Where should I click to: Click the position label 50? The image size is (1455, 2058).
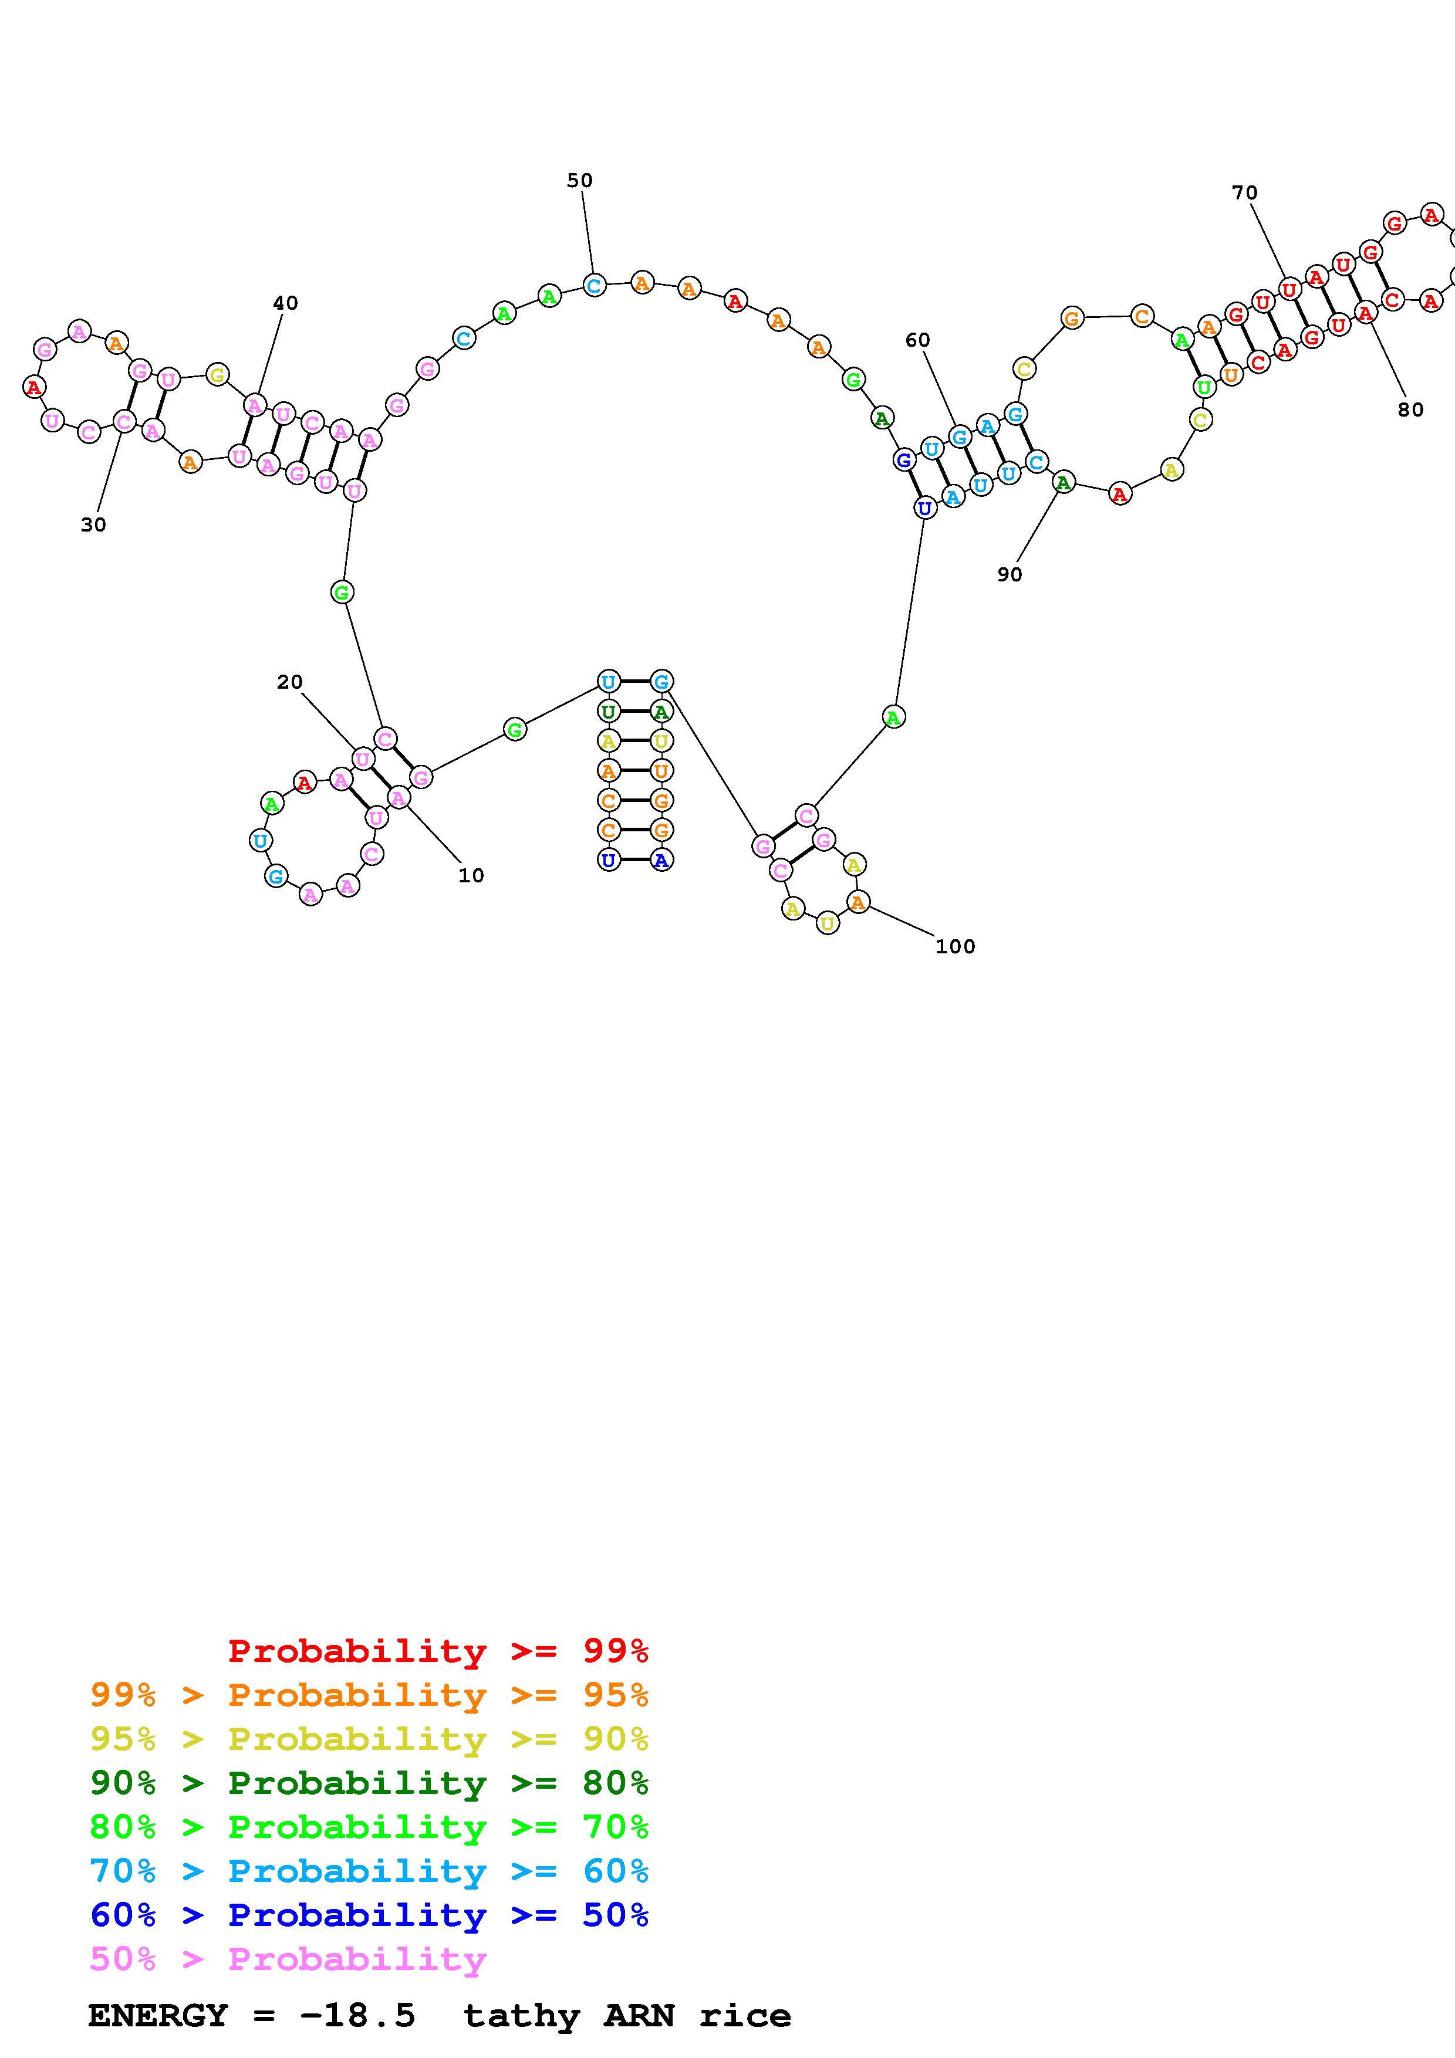[x=579, y=180]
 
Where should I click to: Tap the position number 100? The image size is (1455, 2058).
[x=955, y=946]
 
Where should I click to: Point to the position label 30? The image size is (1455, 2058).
[x=93, y=525]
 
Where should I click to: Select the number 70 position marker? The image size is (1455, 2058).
[x=1244, y=192]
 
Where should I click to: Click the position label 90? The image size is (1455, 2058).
[x=1010, y=574]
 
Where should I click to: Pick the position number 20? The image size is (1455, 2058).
[x=289, y=682]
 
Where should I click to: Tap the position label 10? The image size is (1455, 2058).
[x=471, y=876]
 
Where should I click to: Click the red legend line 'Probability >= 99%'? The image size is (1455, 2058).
[x=438, y=1650]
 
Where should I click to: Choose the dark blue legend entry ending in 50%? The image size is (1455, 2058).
[x=369, y=1915]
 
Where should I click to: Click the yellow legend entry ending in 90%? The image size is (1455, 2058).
[x=369, y=1739]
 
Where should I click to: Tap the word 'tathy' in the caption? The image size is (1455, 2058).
[x=522, y=2016]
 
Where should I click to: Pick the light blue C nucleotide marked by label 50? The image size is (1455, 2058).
[x=593, y=285]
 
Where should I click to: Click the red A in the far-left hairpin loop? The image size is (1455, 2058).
[x=34, y=387]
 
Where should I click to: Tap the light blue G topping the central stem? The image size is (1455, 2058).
[x=661, y=681]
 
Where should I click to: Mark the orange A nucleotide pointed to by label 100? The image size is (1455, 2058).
[x=858, y=903]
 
